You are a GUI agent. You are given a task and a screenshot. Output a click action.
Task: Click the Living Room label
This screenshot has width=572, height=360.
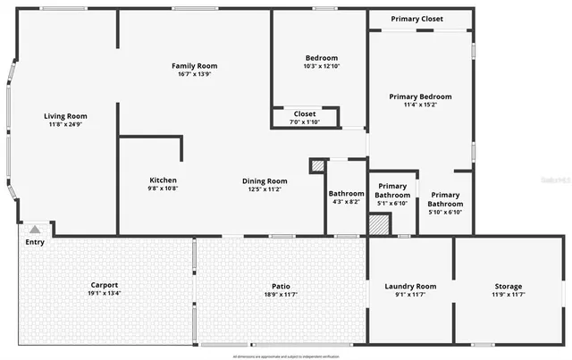(67, 115)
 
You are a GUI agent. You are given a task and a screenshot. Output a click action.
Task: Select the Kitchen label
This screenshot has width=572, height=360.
(163, 180)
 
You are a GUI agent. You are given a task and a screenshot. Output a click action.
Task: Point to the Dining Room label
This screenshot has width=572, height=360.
(265, 180)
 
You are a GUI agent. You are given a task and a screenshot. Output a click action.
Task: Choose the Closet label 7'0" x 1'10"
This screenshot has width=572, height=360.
(305, 114)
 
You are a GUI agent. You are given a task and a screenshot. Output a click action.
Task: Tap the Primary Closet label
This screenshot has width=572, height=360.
(417, 18)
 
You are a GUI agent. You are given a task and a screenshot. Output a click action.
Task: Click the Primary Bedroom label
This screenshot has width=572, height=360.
(420, 96)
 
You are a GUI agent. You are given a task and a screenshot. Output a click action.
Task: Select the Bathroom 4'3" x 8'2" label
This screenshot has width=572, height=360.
(346, 193)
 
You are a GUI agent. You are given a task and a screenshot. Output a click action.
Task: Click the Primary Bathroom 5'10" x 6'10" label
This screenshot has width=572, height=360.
(444, 195)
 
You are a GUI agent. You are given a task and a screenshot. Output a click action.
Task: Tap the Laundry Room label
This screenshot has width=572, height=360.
(410, 286)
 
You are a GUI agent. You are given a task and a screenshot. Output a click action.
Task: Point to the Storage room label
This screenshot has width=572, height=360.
(509, 286)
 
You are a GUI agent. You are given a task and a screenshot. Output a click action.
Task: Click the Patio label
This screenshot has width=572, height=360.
(282, 286)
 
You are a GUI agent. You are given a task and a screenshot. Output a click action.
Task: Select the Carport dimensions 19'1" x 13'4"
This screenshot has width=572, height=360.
(105, 294)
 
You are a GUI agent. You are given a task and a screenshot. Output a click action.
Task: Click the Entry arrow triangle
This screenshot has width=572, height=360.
(35, 230)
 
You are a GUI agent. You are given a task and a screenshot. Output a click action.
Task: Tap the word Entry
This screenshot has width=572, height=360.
(35, 242)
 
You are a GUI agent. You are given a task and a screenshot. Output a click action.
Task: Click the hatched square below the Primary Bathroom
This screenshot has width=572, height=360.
(379, 224)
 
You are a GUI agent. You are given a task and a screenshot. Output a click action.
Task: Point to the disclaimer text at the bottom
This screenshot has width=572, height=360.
(286, 356)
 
